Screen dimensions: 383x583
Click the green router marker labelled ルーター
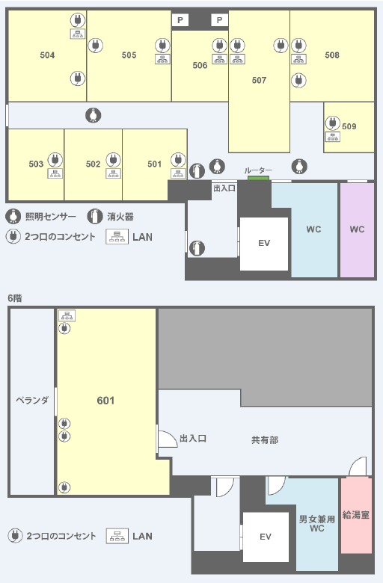(258, 178)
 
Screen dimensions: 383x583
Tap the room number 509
(349, 126)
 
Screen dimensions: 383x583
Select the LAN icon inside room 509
(332, 137)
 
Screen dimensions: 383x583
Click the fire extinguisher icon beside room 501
(197, 170)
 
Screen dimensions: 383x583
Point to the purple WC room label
(357, 229)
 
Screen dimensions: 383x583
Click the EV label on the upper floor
(264, 243)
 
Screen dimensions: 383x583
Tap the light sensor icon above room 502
(93, 115)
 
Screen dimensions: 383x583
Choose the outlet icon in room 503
(55, 160)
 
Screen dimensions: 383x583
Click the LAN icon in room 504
(77, 34)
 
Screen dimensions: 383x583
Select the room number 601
(105, 401)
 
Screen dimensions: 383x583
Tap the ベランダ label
(32, 400)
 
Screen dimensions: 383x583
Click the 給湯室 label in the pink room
(356, 515)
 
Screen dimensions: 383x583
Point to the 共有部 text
(265, 440)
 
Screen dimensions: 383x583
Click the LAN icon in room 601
(67, 315)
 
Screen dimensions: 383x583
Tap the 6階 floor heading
(15, 298)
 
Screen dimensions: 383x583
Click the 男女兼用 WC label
(316, 523)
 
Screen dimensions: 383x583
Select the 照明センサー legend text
(51, 217)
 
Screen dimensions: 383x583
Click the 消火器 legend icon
(95, 217)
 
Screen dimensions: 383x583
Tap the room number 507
(259, 80)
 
